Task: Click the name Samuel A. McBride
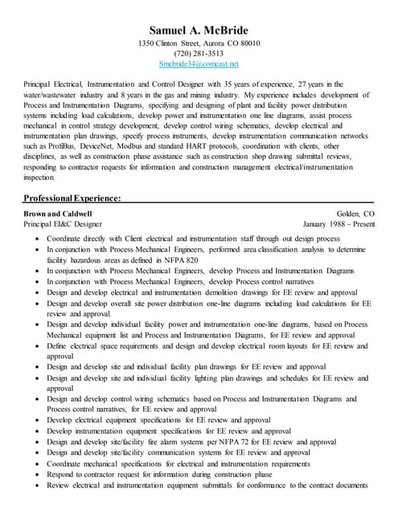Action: coord(199,29)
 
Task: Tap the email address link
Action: coord(199,63)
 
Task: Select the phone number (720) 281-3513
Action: coord(199,53)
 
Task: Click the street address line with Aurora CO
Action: coord(199,43)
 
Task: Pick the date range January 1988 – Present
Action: coord(339,224)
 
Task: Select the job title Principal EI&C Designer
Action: coord(63,224)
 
